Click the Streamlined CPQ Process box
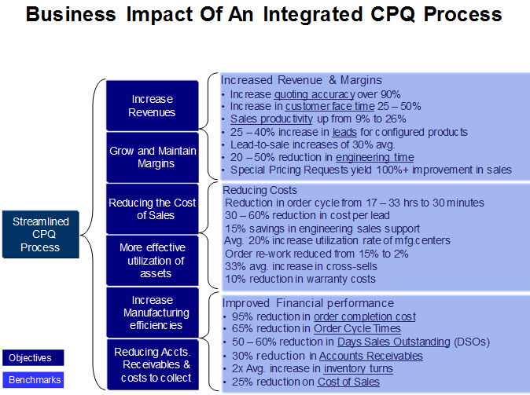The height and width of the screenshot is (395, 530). coord(40,235)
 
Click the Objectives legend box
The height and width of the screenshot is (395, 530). coord(32,358)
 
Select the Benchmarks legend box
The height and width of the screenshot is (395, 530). coord(32,379)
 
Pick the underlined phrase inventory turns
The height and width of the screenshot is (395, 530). coord(347,368)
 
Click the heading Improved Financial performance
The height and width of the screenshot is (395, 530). coord(308,302)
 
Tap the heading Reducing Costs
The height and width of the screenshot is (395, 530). coord(260,190)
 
